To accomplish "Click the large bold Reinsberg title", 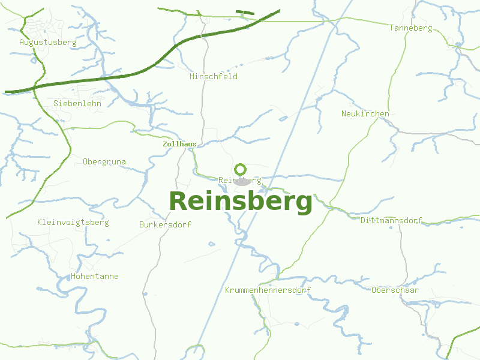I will pyautogui.click(x=241, y=202).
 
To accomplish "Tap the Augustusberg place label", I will pyautogui.click(x=47, y=43).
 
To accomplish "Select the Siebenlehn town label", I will pyautogui.click(x=77, y=103).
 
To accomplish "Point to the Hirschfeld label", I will pyautogui.click(x=214, y=77).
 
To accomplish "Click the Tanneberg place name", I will pyautogui.click(x=410, y=28).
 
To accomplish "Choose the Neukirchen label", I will pyautogui.click(x=365, y=114).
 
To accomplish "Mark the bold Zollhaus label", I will pyautogui.click(x=179, y=145).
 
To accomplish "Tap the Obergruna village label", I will pyautogui.click(x=104, y=162).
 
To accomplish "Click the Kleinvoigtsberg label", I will pyautogui.click(x=73, y=223).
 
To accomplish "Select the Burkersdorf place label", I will pyautogui.click(x=165, y=225).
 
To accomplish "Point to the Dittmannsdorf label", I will pyautogui.click(x=392, y=221).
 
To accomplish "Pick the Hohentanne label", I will pyautogui.click(x=94, y=277).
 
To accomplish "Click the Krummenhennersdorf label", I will pyautogui.click(x=268, y=290).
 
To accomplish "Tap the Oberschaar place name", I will pyautogui.click(x=395, y=290).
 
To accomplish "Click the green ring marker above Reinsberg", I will pyautogui.click(x=241, y=169).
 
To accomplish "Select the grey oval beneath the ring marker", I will pyautogui.click(x=241, y=182).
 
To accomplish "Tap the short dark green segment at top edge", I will pyautogui.click(x=245, y=12).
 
